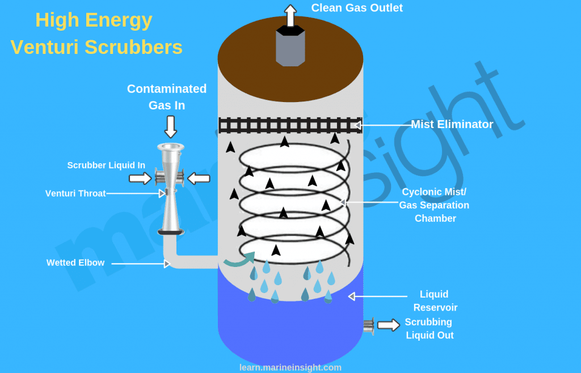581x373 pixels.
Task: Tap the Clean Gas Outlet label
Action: [357, 8]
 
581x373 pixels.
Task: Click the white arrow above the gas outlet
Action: [290, 15]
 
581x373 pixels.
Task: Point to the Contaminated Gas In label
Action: [167, 97]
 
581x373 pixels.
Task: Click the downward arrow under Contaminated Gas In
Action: [170, 126]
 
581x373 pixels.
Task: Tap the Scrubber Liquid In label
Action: [106, 166]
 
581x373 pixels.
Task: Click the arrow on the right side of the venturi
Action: [199, 179]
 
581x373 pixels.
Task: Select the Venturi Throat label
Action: [75, 193]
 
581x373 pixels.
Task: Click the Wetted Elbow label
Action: [75, 263]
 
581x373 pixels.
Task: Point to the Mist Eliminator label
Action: [452, 124]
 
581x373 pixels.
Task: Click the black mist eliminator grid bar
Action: [290, 125]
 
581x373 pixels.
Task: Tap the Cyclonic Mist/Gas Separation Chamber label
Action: [435, 205]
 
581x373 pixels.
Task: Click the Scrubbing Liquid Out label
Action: [429, 328]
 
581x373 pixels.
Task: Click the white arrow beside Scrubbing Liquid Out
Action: [389, 325]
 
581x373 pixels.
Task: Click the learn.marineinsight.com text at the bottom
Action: [290, 367]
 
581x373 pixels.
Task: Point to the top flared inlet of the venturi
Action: [170, 149]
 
